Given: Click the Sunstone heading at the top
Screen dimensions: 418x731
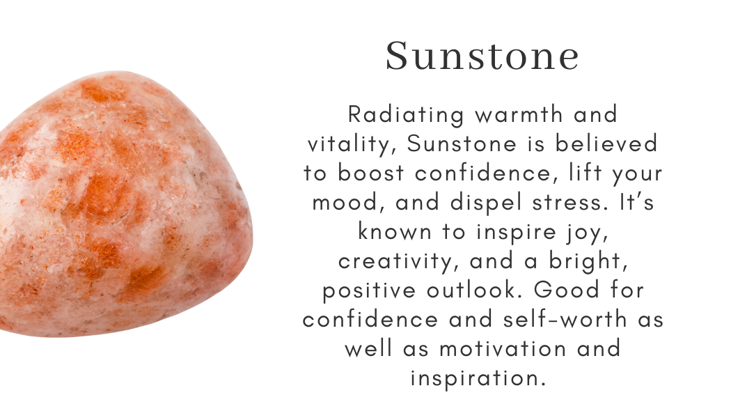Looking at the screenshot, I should [482, 56].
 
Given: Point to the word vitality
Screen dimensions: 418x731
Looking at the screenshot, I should [351, 145].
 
